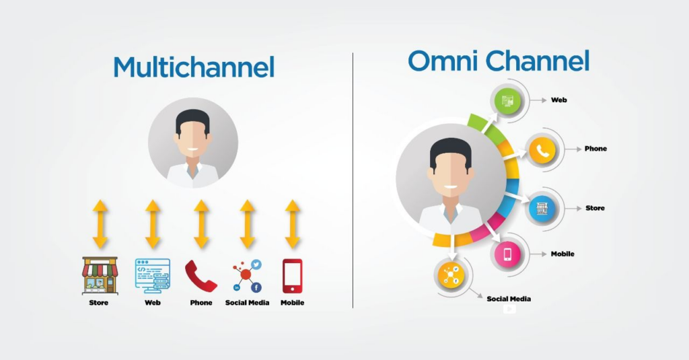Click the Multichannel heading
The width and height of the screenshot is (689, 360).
pyautogui.click(x=194, y=67)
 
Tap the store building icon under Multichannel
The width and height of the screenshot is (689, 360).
pyautogui.click(x=100, y=276)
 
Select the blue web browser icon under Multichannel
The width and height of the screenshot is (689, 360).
pyautogui.click(x=153, y=276)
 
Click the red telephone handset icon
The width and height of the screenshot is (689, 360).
pyautogui.click(x=201, y=276)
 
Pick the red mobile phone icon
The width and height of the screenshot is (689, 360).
pyautogui.click(x=292, y=276)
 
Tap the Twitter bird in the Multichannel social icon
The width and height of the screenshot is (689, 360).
pyautogui.click(x=256, y=264)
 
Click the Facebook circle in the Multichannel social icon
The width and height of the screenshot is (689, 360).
pyautogui.click(x=256, y=287)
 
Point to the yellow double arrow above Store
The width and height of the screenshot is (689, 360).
pyautogui.click(x=100, y=224)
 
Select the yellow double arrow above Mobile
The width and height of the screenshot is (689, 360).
pyautogui.click(x=293, y=224)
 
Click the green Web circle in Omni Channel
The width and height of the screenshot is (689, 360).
pyautogui.click(x=507, y=101)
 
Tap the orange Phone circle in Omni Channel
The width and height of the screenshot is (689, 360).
pyautogui.click(x=542, y=150)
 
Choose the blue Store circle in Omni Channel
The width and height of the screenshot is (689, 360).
pyautogui.click(x=542, y=209)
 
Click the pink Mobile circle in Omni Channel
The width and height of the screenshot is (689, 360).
pyautogui.click(x=507, y=254)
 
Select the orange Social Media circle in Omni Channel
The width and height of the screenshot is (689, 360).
pyautogui.click(x=451, y=275)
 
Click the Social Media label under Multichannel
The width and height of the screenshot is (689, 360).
pyautogui.click(x=247, y=302)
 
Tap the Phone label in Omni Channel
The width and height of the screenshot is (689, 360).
pyautogui.click(x=595, y=149)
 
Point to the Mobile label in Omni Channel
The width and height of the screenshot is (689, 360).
pyautogui.click(x=563, y=254)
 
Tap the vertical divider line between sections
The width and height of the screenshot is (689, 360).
pyautogui.click(x=353, y=180)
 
